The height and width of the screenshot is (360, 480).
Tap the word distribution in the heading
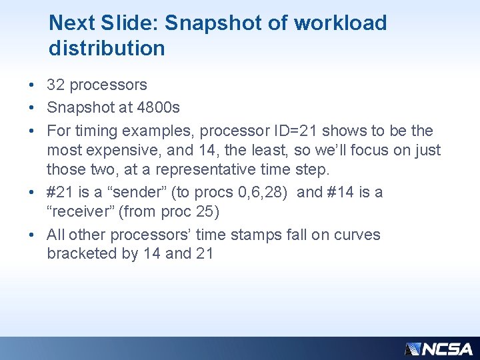(x=107, y=48)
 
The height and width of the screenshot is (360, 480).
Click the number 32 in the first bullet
(x=55, y=85)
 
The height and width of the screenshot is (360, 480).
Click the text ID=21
(x=295, y=131)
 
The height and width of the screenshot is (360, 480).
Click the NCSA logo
(x=439, y=349)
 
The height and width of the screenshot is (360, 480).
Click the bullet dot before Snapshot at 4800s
(x=32, y=107)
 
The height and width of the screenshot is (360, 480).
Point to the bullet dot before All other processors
(x=32, y=235)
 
